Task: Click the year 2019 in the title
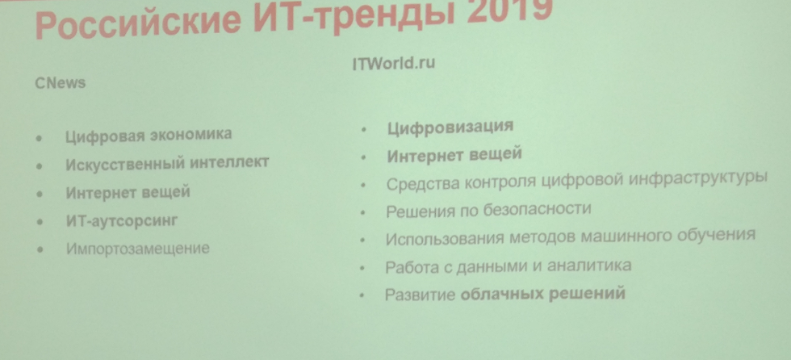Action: [x=509, y=11]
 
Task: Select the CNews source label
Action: [x=60, y=82]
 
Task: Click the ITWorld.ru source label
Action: [x=394, y=64]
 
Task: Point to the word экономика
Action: [x=192, y=135]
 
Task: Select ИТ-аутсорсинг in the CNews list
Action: [x=122, y=221]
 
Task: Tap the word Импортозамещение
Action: [x=138, y=249]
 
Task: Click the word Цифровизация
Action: [x=450, y=127]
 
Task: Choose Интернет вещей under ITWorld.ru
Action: [x=454, y=155]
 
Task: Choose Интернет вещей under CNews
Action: [x=128, y=193]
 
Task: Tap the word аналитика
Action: [x=589, y=265]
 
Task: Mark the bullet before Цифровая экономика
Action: [x=40, y=138]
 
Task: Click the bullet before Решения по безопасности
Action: [x=363, y=213]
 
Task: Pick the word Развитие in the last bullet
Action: [x=421, y=295]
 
